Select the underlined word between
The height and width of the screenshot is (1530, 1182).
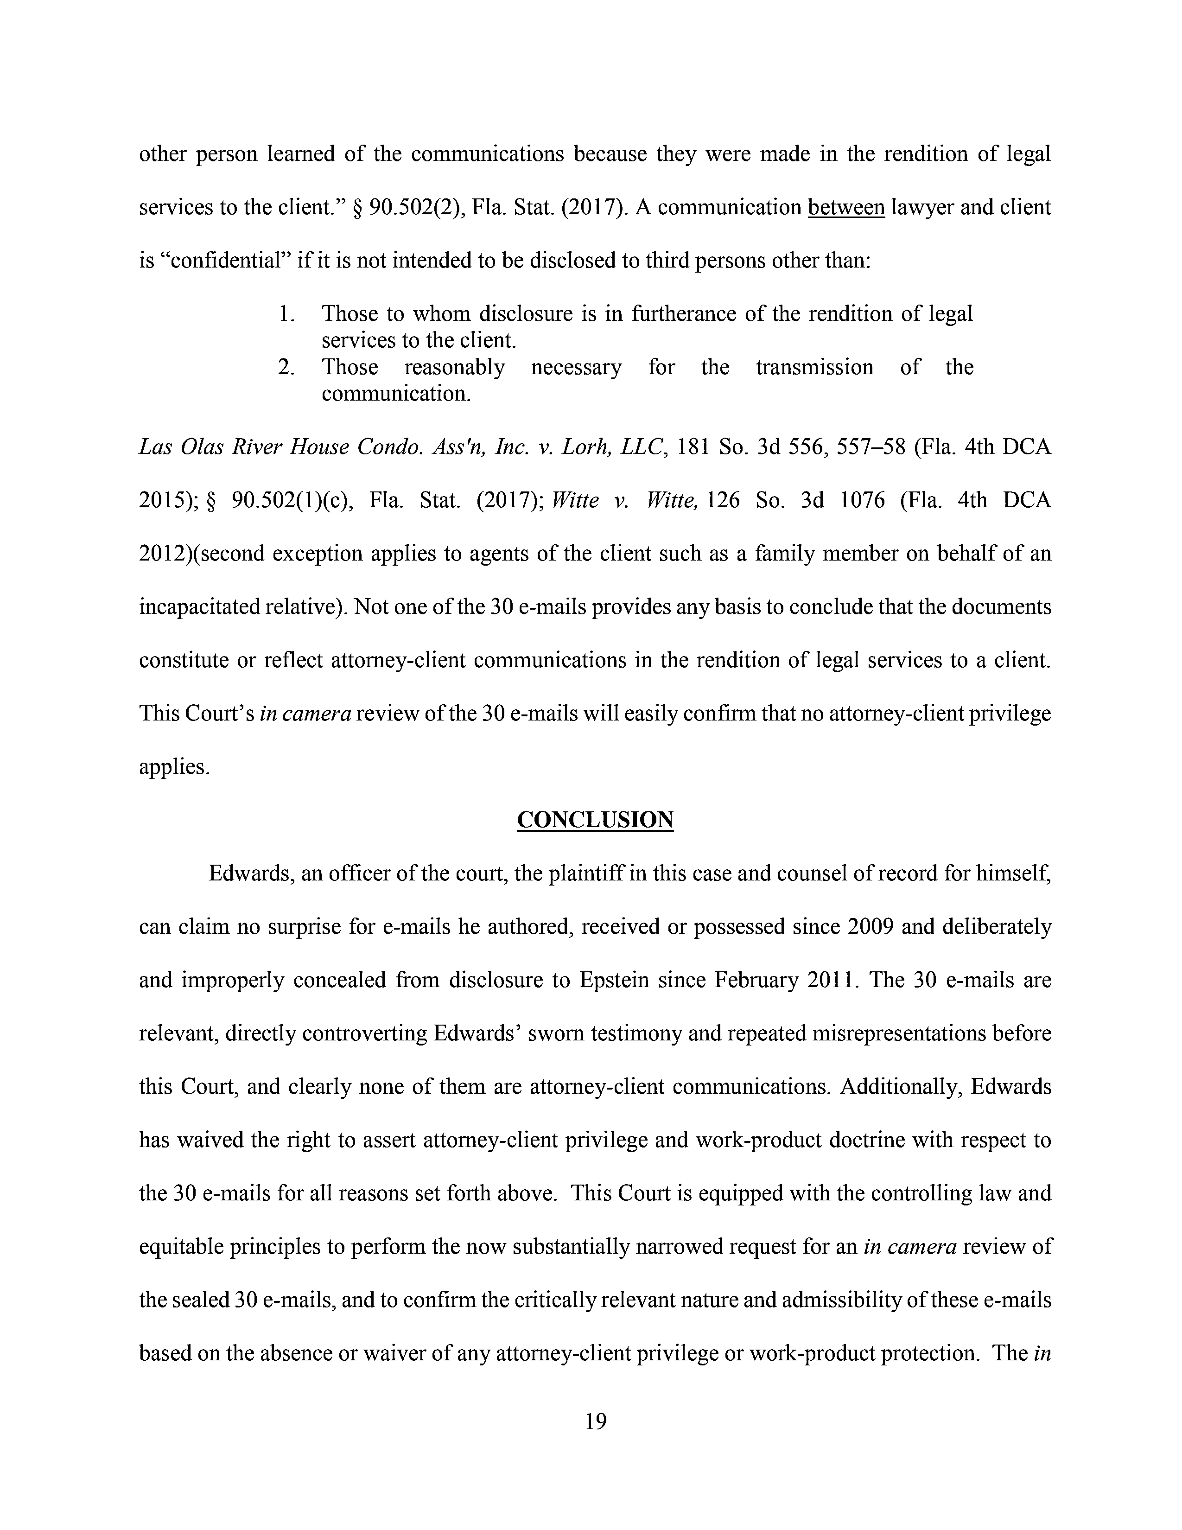tap(846, 207)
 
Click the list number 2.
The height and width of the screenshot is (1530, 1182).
tap(286, 367)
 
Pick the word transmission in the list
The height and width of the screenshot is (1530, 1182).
tap(814, 367)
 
